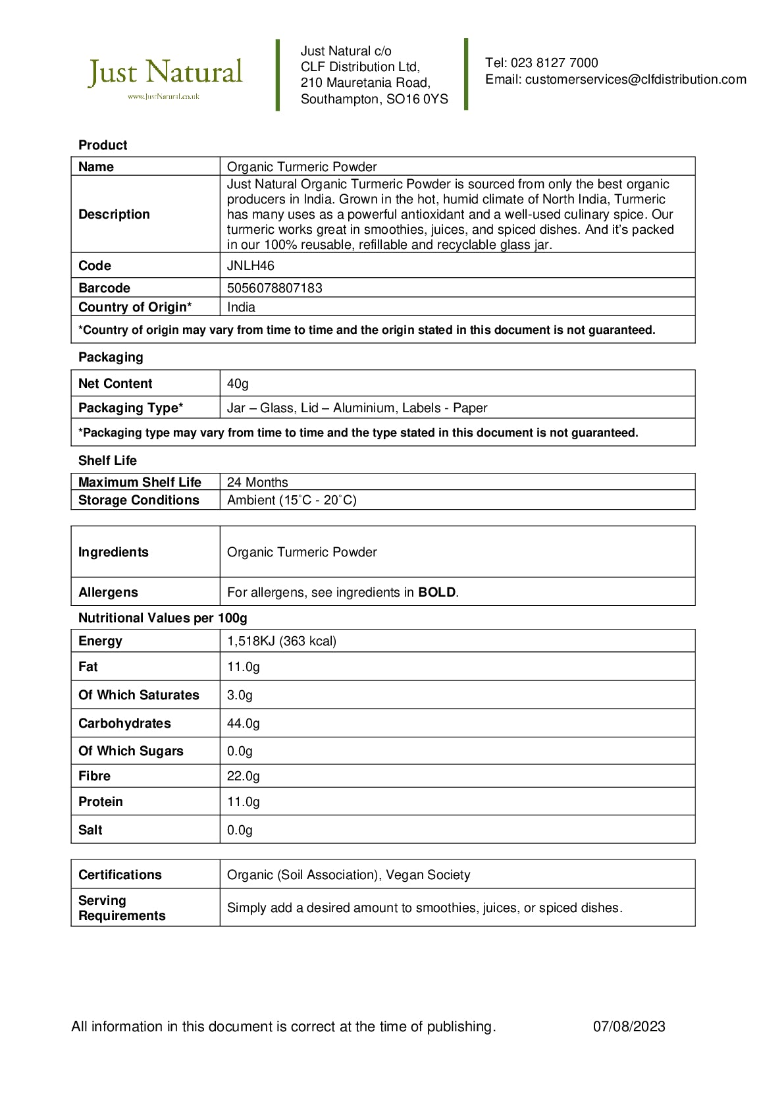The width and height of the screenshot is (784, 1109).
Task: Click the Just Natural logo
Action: (x=165, y=76)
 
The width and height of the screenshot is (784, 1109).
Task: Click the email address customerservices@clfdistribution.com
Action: (x=635, y=80)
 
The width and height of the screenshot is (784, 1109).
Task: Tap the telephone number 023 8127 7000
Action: (x=554, y=63)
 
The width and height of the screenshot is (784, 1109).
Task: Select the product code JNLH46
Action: (x=251, y=266)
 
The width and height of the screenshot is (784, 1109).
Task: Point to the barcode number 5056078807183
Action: (x=274, y=288)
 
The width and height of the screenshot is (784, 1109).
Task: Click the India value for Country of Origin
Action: (x=241, y=308)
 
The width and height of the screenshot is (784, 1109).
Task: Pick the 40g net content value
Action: (x=238, y=384)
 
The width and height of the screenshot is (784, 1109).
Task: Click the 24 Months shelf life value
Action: (x=257, y=483)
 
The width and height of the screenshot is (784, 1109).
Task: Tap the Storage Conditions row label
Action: (x=138, y=500)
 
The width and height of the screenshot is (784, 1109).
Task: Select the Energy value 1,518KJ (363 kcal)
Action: (x=282, y=641)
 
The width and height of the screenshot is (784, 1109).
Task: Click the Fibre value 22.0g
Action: (x=244, y=776)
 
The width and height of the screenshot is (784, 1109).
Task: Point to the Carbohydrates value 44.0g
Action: (x=244, y=724)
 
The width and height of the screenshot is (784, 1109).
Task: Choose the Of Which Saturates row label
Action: (x=138, y=695)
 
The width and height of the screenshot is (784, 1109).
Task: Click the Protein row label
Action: (x=101, y=802)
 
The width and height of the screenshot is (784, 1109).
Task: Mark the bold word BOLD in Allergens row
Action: (x=437, y=593)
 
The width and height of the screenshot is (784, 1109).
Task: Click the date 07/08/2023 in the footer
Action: (x=629, y=1027)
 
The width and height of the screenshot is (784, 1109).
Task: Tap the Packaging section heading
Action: (x=111, y=358)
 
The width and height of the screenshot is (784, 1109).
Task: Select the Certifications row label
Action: (x=120, y=875)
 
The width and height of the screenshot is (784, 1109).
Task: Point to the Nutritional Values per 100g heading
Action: (x=163, y=618)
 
